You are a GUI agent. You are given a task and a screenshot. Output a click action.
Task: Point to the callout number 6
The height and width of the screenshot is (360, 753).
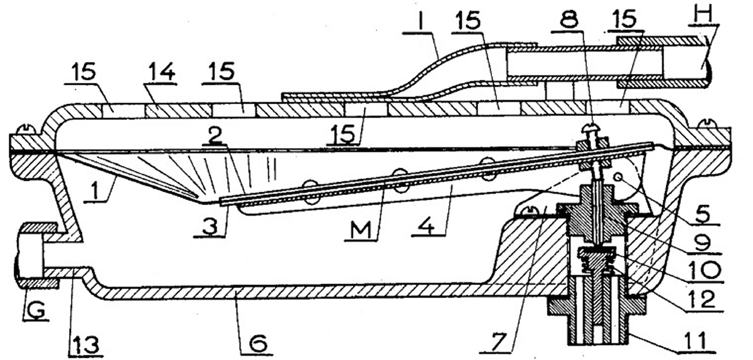(x=257, y=344)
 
